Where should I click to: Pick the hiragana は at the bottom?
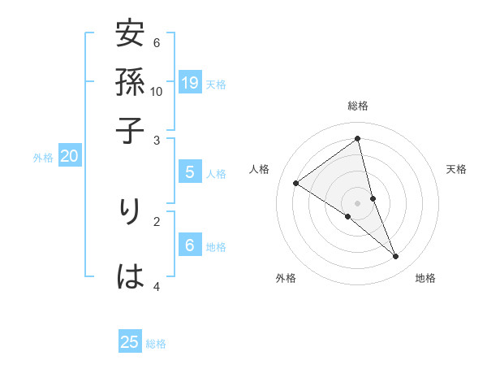pyautogui.click(x=131, y=277)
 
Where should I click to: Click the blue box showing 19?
pyautogui.click(x=190, y=83)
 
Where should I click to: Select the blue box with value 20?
pyautogui.click(x=69, y=157)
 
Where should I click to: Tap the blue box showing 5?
pyautogui.click(x=190, y=172)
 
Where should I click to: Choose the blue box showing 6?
pyautogui.click(x=190, y=246)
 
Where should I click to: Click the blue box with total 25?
pyautogui.click(x=130, y=343)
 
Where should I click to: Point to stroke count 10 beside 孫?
pyautogui.click(x=157, y=91)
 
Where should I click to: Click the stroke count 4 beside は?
pyautogui.click(x=157, y=286)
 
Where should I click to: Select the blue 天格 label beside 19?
pyautogui.click(x=216, y=84)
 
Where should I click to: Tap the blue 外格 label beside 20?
pyautogui.click(x=42, y=158)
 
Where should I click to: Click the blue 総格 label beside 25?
pyautogui.click(x=156, y=344)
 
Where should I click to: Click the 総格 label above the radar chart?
pyautogui.click(x=358, y=106)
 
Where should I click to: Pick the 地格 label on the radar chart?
pyautogui.click(x=425, y=278)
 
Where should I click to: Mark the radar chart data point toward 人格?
pyautogui.click(x=296, y=184)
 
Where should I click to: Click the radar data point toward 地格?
pyautogui.click(x=396, y=257)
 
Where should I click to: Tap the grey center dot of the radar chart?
pyautogui.click(x=358, y=202)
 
